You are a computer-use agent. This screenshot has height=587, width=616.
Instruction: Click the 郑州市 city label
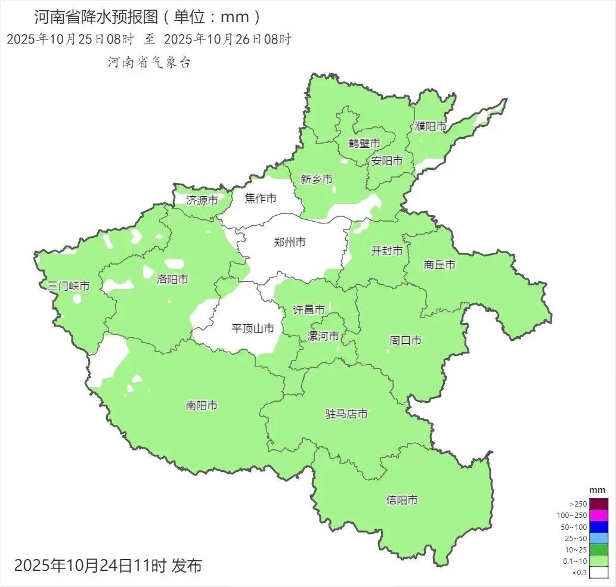pos(290,242)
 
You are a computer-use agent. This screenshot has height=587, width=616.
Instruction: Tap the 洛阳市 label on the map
pos(172,279)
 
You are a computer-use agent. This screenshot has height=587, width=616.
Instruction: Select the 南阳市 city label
pos(202,406)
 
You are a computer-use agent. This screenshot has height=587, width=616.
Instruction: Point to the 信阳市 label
pos(402,500)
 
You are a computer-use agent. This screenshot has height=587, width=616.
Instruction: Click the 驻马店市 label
pos(346,414)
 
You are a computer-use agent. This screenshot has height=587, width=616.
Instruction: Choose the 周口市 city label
pos(405,340)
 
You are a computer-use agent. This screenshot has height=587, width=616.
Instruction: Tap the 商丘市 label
pos(439,265)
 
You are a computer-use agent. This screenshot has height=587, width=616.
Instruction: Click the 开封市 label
pos(386,251)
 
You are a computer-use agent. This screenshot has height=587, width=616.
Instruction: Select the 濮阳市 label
pos(431,126)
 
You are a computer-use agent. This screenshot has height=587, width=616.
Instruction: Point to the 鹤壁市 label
pos(364,144)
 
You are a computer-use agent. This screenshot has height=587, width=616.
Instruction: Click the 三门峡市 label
pos(69,286)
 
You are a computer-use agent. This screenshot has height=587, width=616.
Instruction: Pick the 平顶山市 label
pos(253,328)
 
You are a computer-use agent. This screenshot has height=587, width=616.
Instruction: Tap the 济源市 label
pos(202,200)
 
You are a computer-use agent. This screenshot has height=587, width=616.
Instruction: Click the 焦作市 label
pos(261,198)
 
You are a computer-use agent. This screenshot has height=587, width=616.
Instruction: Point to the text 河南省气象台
pos(149,63)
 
